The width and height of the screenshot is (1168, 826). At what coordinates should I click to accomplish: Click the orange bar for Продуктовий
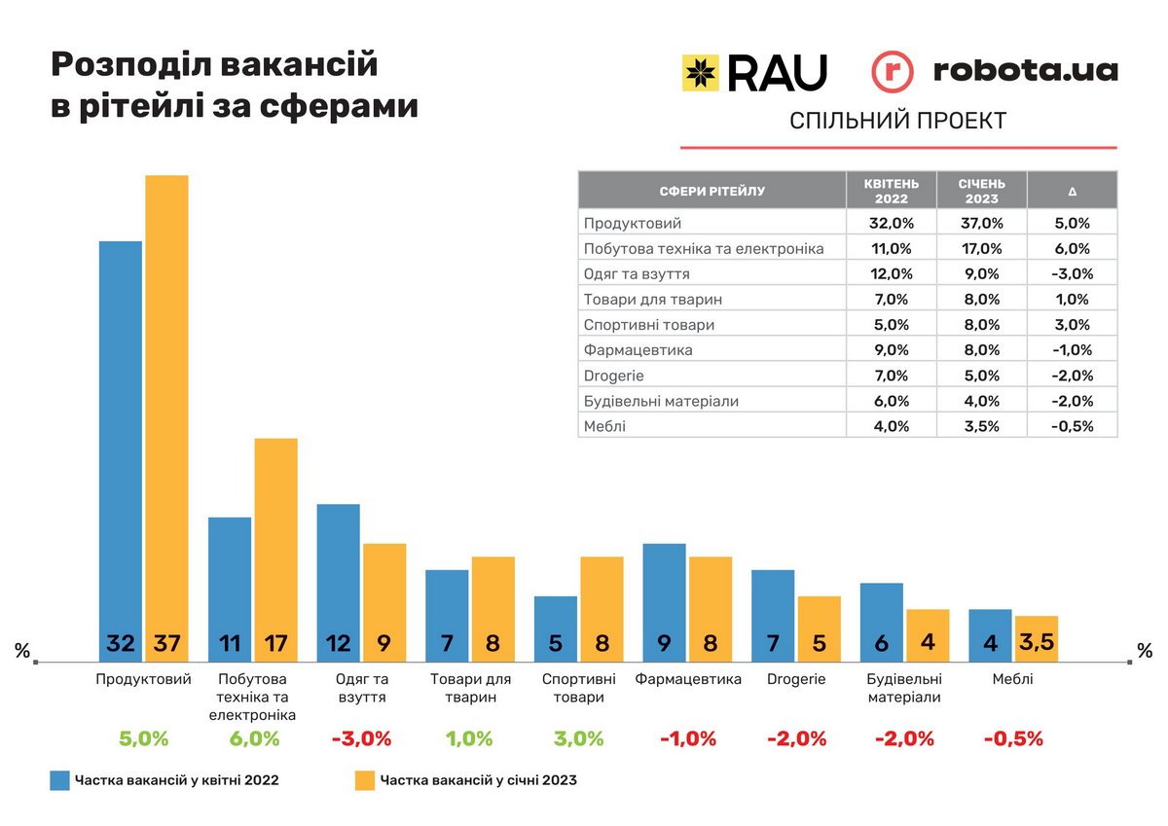click(166, 409)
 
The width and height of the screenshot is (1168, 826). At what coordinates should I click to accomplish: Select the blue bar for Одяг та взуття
click(338, 579)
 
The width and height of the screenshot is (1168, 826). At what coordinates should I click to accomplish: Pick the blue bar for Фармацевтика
click(664, 598)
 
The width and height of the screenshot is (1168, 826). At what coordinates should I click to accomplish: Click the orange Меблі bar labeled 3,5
click(1036, 637)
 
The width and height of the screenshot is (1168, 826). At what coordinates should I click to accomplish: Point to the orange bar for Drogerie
click(819, 625)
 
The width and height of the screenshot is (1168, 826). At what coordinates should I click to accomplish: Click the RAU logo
click(754, 72)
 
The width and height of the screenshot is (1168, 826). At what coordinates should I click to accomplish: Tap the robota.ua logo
click(994, 71)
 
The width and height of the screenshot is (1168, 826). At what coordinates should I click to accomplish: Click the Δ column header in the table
click(1072, 192)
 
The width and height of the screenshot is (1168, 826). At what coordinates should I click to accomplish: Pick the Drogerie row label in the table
click(614, 376)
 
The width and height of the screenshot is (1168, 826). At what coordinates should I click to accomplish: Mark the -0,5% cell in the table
click(1072, 426)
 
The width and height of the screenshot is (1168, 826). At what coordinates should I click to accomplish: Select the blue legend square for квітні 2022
click(60, 780)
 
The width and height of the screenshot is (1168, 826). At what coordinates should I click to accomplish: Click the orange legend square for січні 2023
click(365, 780)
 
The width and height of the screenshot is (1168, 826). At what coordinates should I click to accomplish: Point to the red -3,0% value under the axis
click(361, 738)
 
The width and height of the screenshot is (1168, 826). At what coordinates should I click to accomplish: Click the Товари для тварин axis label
click(470, 688)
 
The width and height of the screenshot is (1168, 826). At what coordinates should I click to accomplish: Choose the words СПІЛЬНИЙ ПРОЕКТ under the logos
click(897, 122)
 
